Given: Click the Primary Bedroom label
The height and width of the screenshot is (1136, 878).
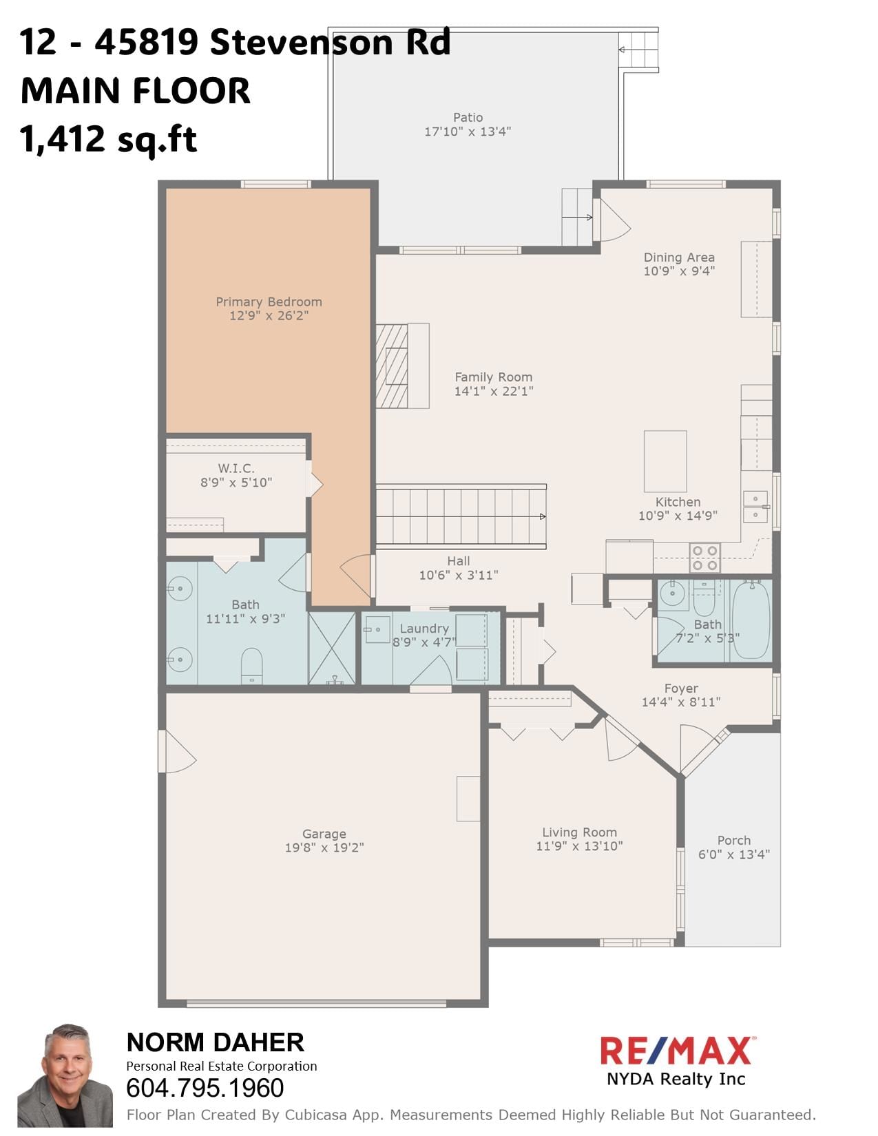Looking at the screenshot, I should point(269,302).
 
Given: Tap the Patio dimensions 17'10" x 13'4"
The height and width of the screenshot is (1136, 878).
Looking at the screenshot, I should point(468,132).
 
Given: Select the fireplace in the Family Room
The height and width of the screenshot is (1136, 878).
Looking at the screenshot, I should point(401,366).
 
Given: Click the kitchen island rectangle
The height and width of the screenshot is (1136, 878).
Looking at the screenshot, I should point(665,461).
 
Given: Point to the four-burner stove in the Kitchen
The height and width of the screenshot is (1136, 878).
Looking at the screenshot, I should point(704,558).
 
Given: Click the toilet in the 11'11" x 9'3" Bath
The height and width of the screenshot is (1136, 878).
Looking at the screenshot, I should point(252,666).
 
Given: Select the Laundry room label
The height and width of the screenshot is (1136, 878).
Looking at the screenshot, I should point(424,629).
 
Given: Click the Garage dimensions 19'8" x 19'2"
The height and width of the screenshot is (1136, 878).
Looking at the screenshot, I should point(324,848).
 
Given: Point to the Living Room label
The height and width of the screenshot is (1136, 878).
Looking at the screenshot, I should point(579,832).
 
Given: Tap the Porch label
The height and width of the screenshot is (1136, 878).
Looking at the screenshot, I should point(733,840).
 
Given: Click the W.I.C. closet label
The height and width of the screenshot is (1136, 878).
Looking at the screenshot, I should point(236,468).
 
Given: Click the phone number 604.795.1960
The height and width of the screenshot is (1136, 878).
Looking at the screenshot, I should point(205,1088).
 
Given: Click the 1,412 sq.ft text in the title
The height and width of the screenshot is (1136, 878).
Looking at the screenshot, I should point(109,139).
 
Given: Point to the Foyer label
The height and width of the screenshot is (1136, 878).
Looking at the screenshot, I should point(681,688).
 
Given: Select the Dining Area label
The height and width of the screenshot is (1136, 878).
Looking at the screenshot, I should point(679,257).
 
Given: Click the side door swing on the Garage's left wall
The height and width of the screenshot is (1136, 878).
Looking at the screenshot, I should point(176,752).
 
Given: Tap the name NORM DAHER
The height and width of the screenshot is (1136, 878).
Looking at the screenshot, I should point(215,1042).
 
